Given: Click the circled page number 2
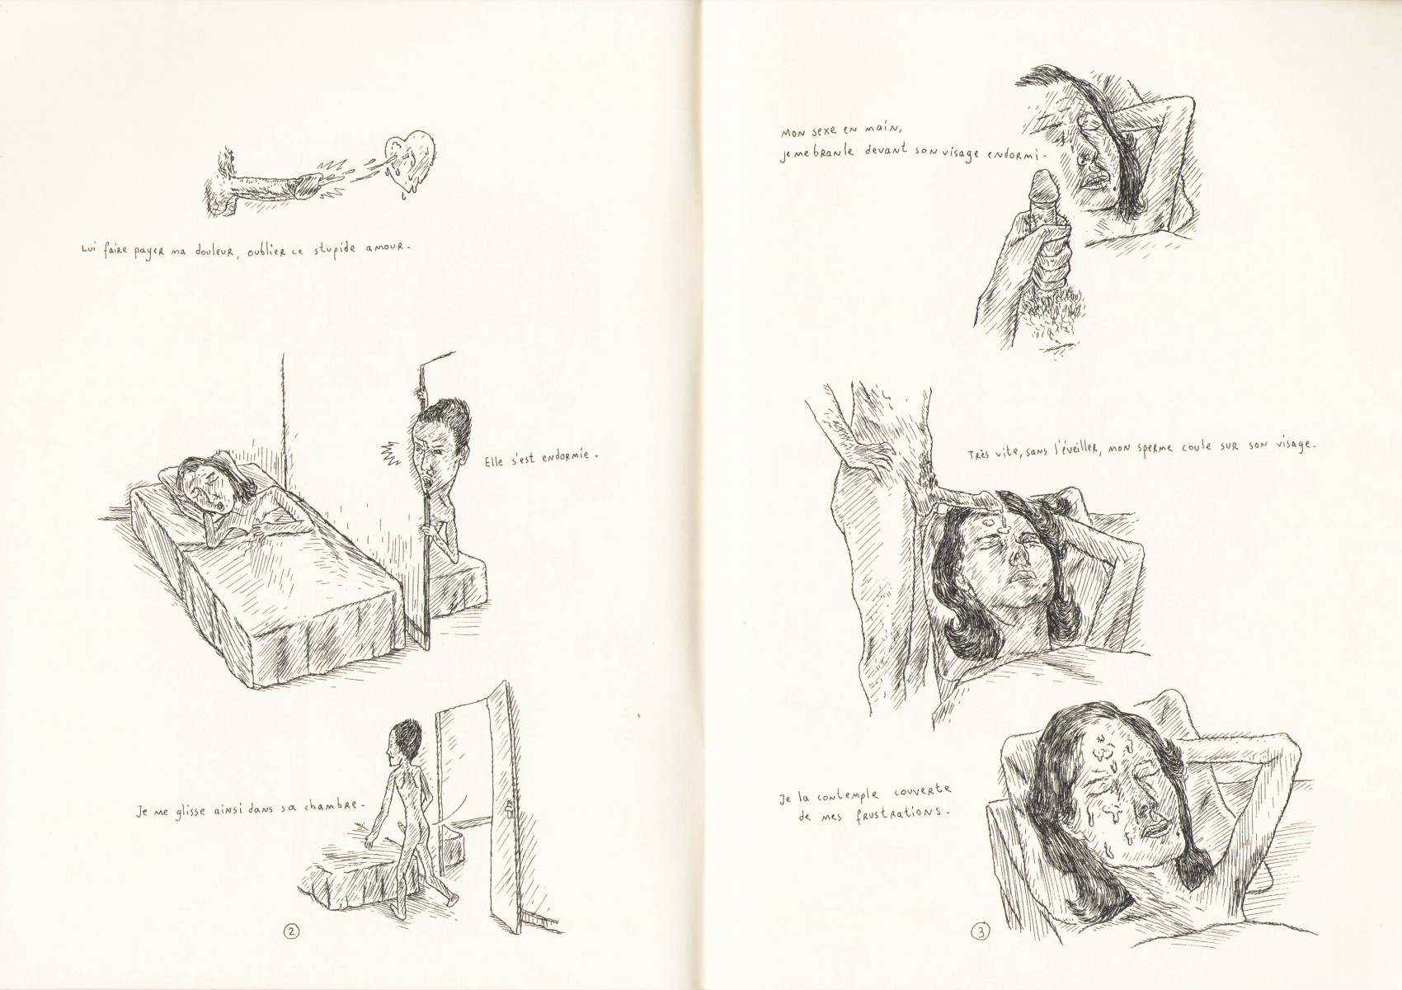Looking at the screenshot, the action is click(291, 949).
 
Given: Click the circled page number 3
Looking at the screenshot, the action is click(980, 950).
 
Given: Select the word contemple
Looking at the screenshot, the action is click(846, 796).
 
